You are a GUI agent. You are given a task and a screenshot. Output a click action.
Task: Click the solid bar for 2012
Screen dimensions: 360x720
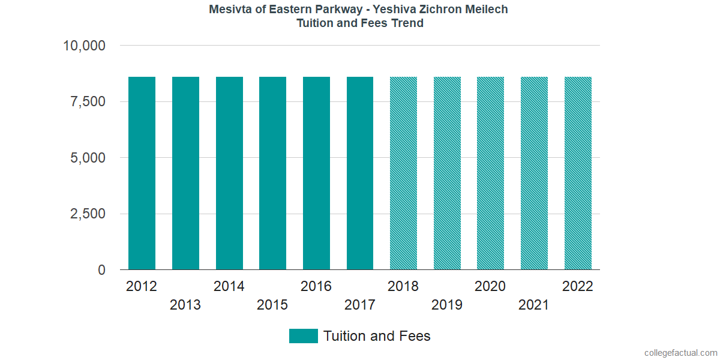[x=142, y=173]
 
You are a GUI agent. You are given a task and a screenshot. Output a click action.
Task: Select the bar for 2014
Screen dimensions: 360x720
[x=229, y=173]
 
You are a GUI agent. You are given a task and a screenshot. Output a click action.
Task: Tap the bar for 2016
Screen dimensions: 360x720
[x=316, y=173]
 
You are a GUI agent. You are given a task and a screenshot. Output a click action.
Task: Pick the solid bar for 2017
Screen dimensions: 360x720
[x=360, y=173]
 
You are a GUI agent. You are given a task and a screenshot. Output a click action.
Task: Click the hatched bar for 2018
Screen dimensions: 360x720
[x=403, y=173]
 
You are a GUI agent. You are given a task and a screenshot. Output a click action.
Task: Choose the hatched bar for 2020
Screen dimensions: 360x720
[x=490, y=173]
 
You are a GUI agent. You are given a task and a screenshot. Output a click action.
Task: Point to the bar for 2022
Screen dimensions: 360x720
[x=578, y=173]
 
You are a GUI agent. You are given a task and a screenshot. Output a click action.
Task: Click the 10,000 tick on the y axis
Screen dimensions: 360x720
[x=84, y=46]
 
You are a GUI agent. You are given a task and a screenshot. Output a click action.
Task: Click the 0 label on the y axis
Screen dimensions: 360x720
[x=101, y=271]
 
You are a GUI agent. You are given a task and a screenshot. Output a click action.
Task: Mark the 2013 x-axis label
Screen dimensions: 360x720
[x=185, y=305]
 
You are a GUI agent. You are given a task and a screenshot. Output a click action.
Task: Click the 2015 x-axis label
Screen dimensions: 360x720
[x=272, y=305]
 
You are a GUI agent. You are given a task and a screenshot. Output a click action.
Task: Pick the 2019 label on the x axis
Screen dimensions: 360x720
[x=447, y=305]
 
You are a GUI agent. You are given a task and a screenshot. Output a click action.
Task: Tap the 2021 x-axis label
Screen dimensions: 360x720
[x=534, y=305]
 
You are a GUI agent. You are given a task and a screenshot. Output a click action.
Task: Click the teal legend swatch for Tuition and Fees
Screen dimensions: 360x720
[x=303, y=336]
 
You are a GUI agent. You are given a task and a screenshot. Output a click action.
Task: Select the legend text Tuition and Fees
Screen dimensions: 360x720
[x=377, y=336]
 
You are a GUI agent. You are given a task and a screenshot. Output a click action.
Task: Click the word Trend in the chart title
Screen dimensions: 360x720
[x=407, y=23]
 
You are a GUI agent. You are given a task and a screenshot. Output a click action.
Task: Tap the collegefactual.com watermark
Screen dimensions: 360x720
[x=680, y=353]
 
